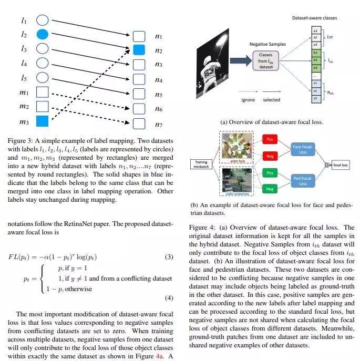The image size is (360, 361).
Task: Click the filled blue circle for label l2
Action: coord(42,35)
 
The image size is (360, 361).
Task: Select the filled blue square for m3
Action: coord(42,121)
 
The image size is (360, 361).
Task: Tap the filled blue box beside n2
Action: coord(139,50)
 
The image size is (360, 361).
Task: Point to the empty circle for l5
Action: coord(42,78)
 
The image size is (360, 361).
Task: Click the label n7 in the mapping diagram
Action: coord(159,125)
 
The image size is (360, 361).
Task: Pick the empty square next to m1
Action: coord(42,92)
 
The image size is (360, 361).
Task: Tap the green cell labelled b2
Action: coord(315,60)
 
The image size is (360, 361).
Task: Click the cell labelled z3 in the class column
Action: coord(315,98)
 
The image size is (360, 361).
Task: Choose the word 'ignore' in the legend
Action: coord(248,100)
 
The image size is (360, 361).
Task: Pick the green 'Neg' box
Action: coord(270,189)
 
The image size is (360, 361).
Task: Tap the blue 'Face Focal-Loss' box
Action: coord(303,149)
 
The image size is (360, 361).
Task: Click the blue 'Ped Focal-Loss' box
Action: coord(303,181)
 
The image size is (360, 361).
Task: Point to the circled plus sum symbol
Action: coord(328,165)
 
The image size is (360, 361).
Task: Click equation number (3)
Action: coord(169,257)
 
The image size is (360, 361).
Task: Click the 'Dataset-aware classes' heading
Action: coord(315,18)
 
